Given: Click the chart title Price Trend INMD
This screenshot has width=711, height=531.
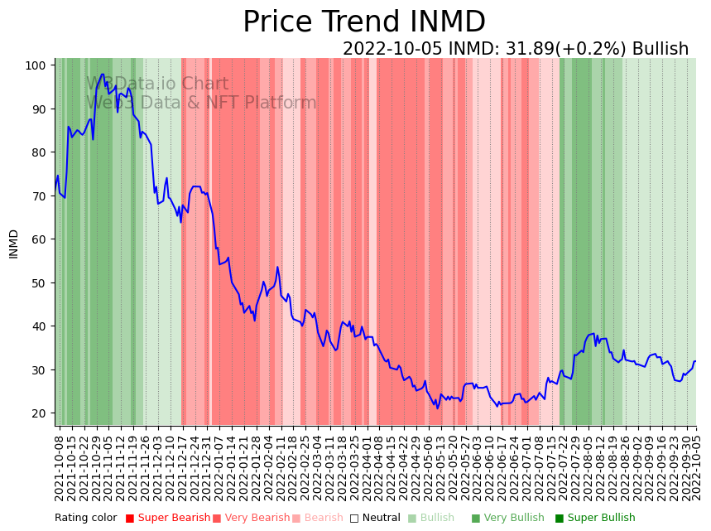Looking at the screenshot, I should click(363, 22).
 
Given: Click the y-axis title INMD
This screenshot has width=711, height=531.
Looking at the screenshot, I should click(13, 244).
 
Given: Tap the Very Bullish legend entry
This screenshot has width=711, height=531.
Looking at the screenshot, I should click(514, 519).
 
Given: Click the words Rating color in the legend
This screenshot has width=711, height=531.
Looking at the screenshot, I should click(86, 519).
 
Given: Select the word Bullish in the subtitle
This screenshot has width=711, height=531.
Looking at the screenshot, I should click(660, 49).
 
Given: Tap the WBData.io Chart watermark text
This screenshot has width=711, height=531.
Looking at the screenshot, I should click(157, 84).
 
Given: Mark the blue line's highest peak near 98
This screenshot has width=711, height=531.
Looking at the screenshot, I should click(103, 75).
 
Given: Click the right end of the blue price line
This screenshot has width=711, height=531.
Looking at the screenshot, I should click(695, 361).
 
